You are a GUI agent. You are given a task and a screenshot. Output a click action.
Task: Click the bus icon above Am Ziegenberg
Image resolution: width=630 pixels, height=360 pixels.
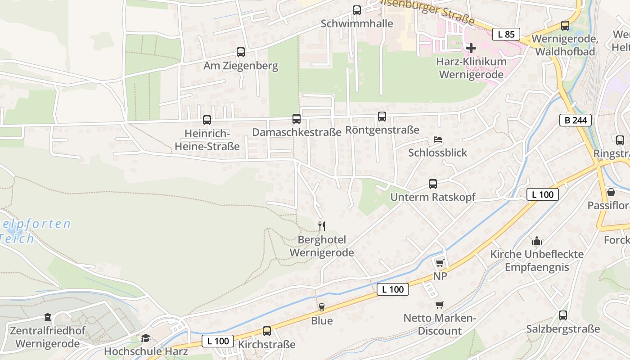[x=241, y=52]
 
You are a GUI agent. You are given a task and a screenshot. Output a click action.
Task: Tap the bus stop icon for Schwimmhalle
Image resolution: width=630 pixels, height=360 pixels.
[x=357, y=10]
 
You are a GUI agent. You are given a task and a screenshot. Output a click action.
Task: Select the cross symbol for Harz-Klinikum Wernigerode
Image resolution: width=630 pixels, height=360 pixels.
[x=471, y=48]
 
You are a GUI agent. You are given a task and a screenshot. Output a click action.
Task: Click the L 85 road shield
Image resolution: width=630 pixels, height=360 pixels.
[x=506, y=34]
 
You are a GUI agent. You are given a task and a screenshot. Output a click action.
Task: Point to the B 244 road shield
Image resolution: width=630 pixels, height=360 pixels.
[x=575, y=120]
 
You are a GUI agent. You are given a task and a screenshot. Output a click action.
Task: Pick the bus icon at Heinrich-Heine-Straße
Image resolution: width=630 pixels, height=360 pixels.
[x=207, y=120]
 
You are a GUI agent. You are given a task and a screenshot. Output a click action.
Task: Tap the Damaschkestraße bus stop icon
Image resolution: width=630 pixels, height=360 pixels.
[x=296, y=119]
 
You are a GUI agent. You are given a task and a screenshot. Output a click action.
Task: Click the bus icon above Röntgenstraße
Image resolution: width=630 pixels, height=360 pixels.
[x=382, y=117]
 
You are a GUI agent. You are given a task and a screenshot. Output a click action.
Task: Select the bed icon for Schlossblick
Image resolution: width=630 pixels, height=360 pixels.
[x=437, y=139]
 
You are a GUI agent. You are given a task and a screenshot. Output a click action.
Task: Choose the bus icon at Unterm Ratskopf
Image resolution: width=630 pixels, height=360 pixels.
[x=433, y=184]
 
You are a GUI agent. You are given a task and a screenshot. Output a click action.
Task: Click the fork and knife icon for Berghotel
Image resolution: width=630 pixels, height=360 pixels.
[x=321, y=226]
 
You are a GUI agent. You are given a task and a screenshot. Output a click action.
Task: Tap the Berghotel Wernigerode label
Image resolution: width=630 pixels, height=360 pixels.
[x=321, y=246]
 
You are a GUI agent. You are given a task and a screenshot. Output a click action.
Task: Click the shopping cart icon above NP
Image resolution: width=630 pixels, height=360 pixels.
[x=440, y=263]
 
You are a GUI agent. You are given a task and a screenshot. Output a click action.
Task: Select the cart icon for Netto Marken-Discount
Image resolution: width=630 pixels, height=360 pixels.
[x=440, y=305]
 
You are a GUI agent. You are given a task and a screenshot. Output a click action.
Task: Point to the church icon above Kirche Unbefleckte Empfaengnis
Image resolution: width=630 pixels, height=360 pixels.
[x=536, y=241]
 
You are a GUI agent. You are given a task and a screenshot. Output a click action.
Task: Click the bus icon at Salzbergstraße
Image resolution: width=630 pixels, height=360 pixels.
[x=563, y=315]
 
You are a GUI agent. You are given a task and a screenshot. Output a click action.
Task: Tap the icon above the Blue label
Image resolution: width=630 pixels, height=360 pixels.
[x=321, y=307]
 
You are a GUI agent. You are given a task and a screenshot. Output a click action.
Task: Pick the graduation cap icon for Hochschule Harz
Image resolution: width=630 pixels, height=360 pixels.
[x=146, y=338]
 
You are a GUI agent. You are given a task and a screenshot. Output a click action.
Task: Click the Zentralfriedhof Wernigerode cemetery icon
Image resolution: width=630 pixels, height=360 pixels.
[x=48, y=318]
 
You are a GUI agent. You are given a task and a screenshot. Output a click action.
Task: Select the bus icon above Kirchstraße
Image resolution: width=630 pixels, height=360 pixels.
[x=267, y=331]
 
